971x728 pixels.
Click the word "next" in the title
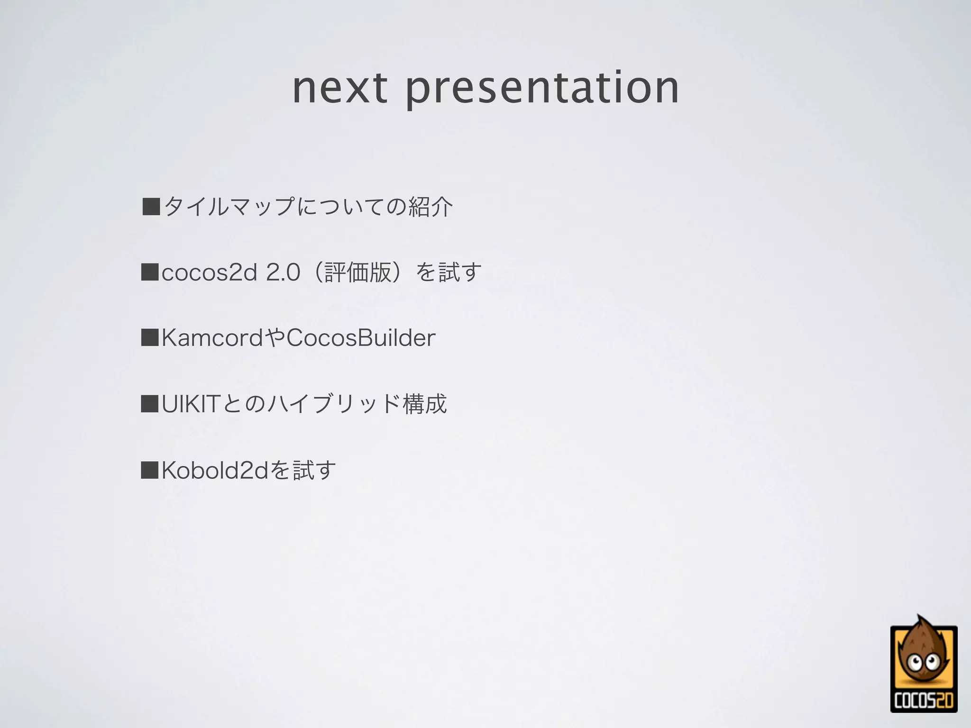click(x=340, y=88)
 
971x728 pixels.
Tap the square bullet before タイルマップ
click(x=151, y=207)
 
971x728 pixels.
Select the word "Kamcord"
click(x=212, y=338)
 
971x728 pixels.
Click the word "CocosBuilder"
click(x=361, y=338)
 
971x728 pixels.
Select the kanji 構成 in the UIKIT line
click(x=425, y=404)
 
